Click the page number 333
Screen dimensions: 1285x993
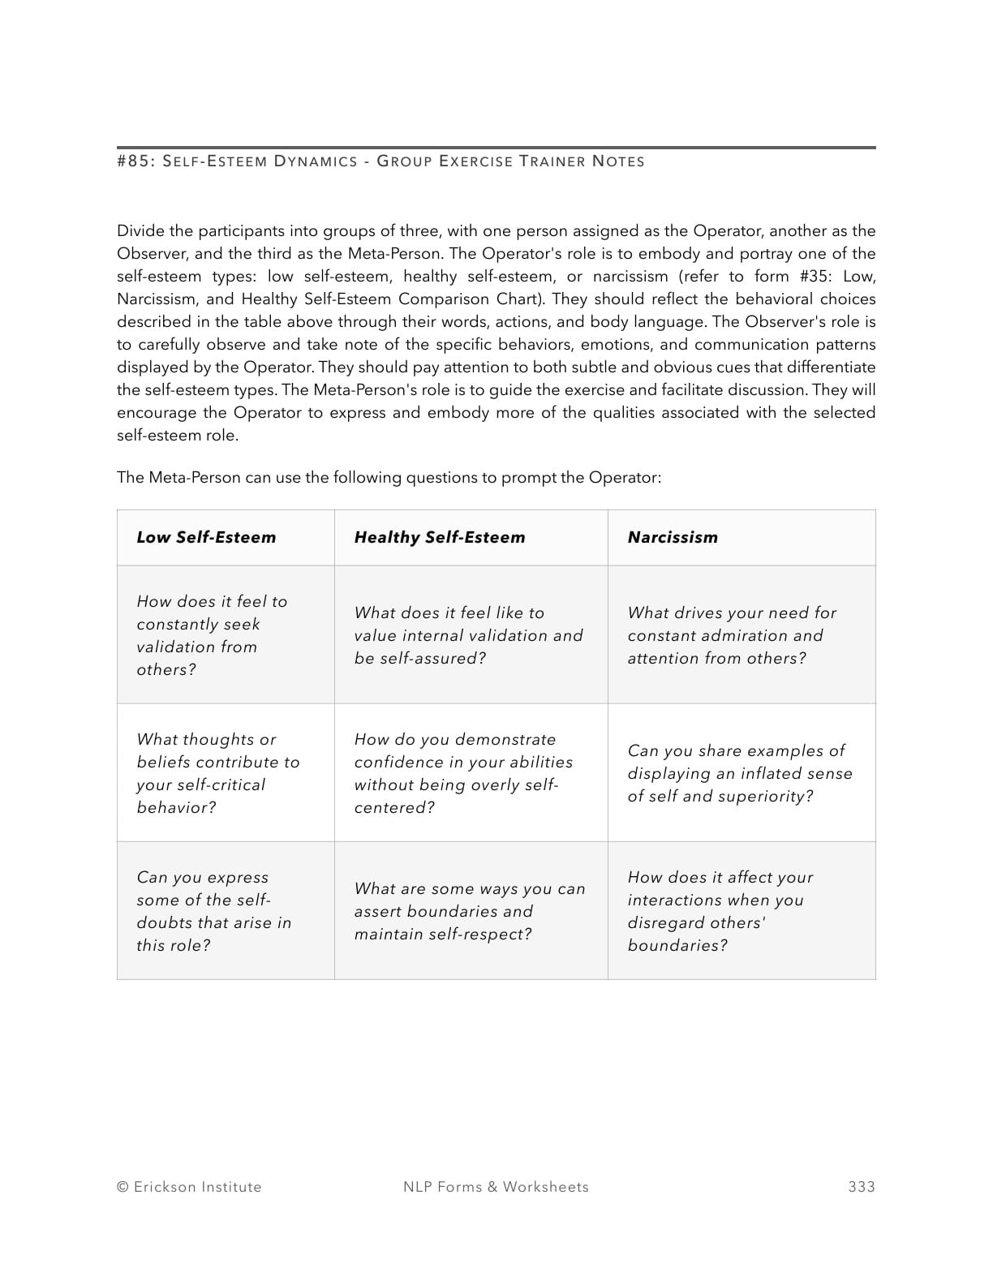(x=861, y=1187)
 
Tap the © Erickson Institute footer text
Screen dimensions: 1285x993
(x=189, y=1187)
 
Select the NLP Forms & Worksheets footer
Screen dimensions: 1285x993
(x=496, y=1187)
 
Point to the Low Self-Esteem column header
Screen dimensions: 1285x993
(x=206, y=537)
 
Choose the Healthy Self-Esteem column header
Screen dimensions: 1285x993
(x=439, y=537)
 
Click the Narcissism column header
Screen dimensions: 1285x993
(x=673, y=537)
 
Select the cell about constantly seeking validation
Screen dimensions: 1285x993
(x=212, y=635)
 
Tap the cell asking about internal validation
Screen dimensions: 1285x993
(x=468, y=635)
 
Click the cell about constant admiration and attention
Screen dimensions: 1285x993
(x=731, y=635)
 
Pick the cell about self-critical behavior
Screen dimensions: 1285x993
(x=217, y=773)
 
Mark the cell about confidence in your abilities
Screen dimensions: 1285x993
(x=463, y=773)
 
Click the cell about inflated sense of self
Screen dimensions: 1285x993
(x=739, y=773)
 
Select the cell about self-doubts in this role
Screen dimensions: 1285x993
(x=213, y=911)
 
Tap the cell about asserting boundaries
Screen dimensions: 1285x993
(x=469, y=911)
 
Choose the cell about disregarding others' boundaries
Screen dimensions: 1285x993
(x=720, y=911)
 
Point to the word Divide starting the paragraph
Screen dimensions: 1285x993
(x=140, y=231)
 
